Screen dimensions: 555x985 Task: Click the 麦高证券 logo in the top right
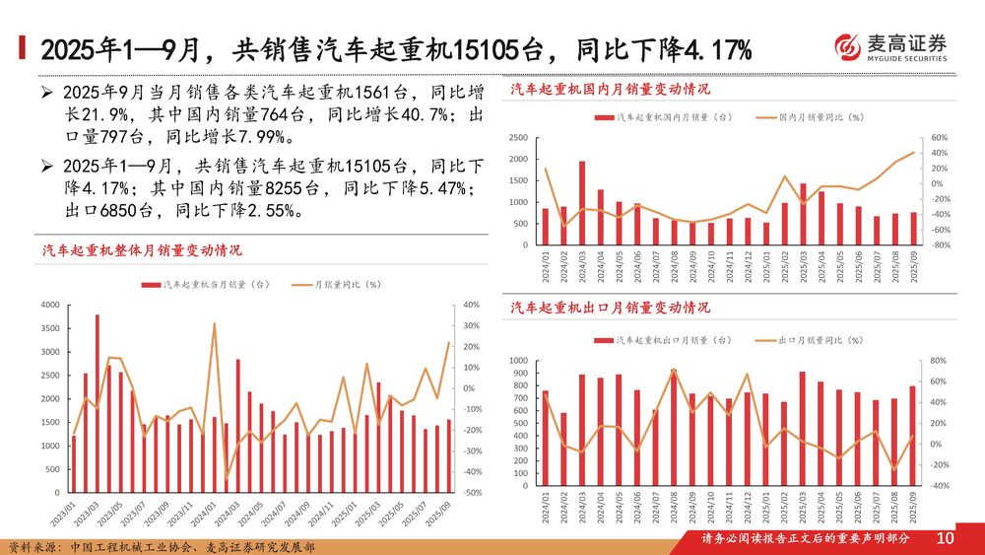point(890,46)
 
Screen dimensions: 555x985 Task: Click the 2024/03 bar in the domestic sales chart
point(581,203)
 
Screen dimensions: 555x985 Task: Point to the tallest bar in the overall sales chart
point(97,404)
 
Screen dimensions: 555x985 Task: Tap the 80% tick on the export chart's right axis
point(938,361)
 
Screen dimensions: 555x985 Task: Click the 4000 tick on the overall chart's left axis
point(48,306)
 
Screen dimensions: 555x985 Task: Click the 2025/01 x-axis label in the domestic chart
point(766,267)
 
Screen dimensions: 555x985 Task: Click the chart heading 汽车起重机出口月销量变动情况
point(610,309)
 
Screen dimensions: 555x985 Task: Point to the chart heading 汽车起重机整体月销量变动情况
point(142,252)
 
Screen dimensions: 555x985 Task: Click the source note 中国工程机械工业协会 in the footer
point(139,546)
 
